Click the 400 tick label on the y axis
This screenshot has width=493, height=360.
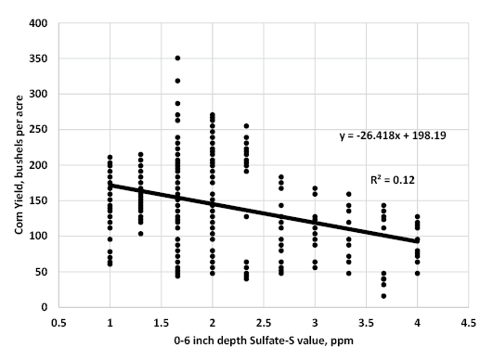tap(37, 23)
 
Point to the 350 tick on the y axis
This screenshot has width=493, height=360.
tap(37, 58)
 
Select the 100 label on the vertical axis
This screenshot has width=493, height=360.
tap(37, 236)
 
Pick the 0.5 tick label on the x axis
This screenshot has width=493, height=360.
tap(58, 323)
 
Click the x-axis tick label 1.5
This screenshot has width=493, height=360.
tap(162, 323)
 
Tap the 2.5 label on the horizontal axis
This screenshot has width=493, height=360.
tap(264, 323)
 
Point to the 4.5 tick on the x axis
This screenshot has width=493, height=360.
tap(469, 323)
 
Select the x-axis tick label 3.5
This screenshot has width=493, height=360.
tap(367, 323)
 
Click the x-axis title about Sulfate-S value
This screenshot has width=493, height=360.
tap(263, 343)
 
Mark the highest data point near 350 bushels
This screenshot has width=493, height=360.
tap(177, 58)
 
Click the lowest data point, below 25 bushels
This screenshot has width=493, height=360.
tap(383, 296)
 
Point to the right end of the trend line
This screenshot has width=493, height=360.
tap(418, 241)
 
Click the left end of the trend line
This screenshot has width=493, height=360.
tap(110, 185)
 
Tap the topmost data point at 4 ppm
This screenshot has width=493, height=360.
tap(418, 216)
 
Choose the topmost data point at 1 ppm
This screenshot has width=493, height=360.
tap(110, 158)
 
